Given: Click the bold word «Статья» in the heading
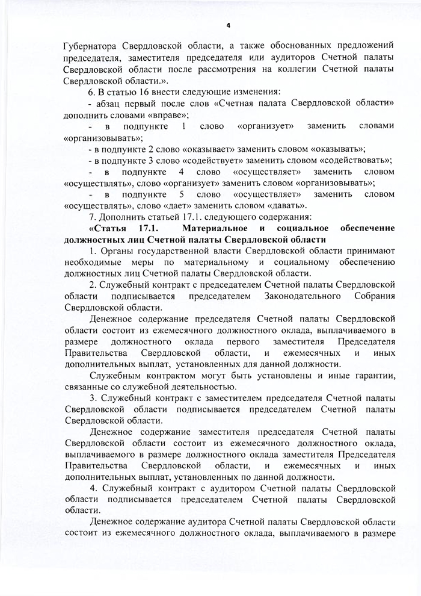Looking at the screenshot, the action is [x=109, y=229].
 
